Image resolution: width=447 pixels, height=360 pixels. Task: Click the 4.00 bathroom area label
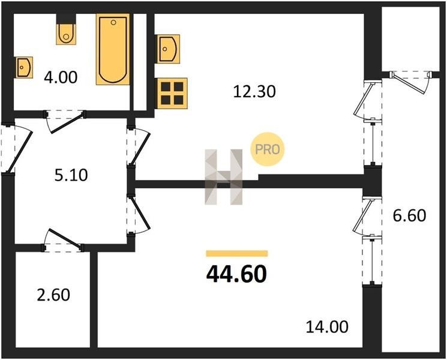pyautogui.click(x=61, y=77)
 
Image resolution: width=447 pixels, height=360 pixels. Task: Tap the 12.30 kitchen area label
pyautogui.click(x=254, y=92)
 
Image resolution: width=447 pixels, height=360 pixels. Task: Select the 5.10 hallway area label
pyautogui.click(x=71, y=175)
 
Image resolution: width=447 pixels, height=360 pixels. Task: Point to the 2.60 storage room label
pyautogui.click(x=53, y=295)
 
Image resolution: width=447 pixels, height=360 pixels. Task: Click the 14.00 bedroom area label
pyautogui.click(x=327, y=326)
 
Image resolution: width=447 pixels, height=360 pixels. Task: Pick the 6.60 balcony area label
pyautogui.click(x=409, y=215)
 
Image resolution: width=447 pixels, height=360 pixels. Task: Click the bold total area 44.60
pyautogui.click(x=236, y=274)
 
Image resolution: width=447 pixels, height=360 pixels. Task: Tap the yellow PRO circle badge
pyautogui.click(x=268, y=149)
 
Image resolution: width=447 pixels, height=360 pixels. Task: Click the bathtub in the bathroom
pyautogui.click(x=113, y=49)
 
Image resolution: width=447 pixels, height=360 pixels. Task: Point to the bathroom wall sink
pyautogui.click(x=24, y=67)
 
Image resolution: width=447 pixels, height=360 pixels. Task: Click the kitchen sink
pyautogui.click(x=167, y=49)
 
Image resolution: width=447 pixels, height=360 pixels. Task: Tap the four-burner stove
pyautogui.click(x=172, y=93)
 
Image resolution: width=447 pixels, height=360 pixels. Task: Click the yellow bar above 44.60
pyautogui.click(x=237, y=253)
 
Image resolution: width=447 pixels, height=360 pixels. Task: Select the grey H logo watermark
pyautogui.click(x=224, y=177)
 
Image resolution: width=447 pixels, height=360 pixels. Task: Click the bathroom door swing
pyautogui.click(x=65, y=122)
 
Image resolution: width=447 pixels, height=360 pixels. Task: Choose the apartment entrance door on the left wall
pyautogui.click(x=17, y=148)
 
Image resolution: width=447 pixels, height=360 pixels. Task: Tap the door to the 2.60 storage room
pyautogui.click(x=63, y=240)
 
